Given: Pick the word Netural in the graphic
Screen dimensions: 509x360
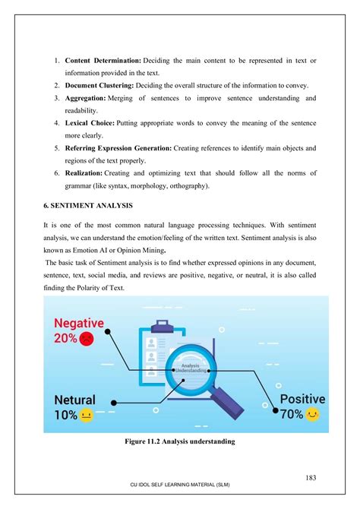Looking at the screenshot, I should [74, 400].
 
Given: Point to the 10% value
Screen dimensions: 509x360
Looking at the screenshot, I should [65, 416].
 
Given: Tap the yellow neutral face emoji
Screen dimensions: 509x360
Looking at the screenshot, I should [87, 416].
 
